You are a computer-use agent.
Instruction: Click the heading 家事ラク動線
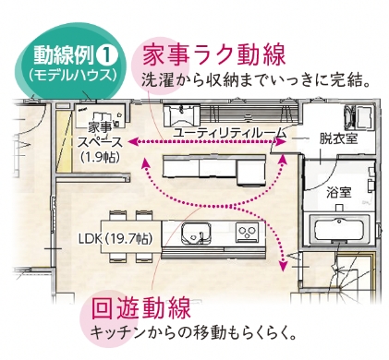213,54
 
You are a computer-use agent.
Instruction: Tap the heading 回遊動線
141,308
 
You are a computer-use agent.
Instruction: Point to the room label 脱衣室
338,139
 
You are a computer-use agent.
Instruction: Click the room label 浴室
339,193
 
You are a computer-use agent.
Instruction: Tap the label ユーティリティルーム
229,133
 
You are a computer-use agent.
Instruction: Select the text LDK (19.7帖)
115,239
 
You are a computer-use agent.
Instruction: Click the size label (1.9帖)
100,158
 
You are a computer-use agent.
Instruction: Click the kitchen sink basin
196,233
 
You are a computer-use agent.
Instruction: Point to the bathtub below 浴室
339,229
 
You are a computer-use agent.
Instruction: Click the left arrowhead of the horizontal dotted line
133,142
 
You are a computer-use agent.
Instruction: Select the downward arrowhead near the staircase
283,266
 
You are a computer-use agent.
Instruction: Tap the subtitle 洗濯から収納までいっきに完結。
256,80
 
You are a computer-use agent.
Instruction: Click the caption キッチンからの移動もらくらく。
193,333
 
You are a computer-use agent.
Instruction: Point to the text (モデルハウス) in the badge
73,76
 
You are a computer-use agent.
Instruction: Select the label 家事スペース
100,135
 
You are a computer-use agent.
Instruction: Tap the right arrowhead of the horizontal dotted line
281,142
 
